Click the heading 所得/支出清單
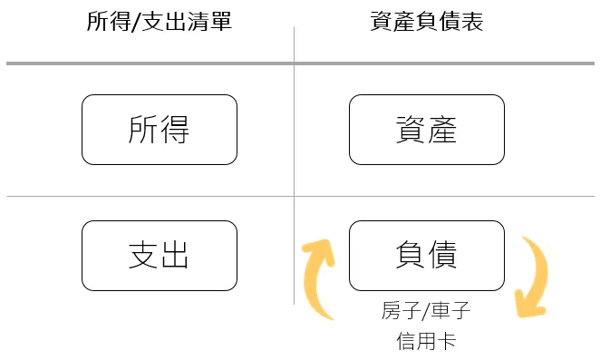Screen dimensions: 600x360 pos(159,21)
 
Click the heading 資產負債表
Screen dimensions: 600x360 pos(426,21)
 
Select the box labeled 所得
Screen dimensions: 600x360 pos(159,130)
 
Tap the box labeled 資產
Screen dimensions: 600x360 pos(426,130)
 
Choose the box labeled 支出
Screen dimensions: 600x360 pos(159,255)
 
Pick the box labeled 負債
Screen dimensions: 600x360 pos(426,255)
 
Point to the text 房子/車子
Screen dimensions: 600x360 pos(426,313)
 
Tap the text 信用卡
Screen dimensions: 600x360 pos(426,342)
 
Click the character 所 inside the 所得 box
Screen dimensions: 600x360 pos(143,130)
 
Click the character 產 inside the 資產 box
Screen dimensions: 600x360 pos(442,130)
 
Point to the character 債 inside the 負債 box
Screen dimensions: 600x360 pos(442,255)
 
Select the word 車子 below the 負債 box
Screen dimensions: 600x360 pos(452,313)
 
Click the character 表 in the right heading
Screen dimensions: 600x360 pos(471,21)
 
